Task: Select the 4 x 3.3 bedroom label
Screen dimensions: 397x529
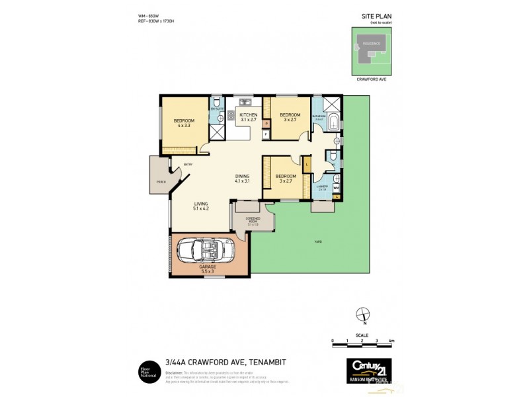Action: click(183, 122)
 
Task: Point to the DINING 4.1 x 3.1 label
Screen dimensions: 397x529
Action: click(243, 179)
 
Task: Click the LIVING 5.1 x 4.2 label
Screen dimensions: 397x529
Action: click(201, 206)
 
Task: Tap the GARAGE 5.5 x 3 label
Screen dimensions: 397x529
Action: click(208, 269)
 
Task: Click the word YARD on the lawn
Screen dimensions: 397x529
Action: click(318, 242)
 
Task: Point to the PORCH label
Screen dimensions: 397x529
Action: click(160, 181)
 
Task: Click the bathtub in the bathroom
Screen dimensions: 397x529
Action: click(334, 122)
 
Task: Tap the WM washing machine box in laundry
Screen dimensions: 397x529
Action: click(336, 187)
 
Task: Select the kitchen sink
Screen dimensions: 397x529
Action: click(244, 103)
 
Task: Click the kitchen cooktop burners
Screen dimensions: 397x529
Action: click(231, 118)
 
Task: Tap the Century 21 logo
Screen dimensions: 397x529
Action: click(368, 367)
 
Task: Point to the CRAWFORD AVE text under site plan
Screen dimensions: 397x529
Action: click(371, 79)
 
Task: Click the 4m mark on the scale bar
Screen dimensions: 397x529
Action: click(391, 340)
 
